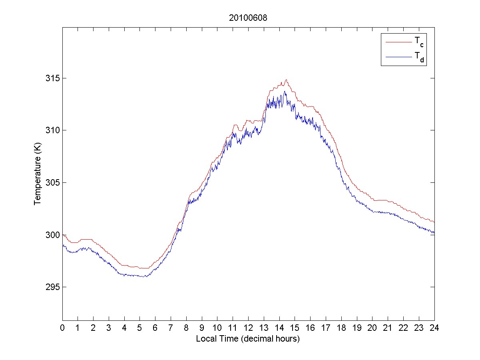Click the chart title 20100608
(248, 18)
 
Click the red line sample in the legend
(398, 42)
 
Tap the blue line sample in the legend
(398, 58)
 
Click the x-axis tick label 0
(62, 328)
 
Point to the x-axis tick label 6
(155, 328)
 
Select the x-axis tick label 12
(248, 328)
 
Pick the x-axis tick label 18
(341, 328)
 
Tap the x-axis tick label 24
(434, 328)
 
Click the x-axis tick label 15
(295, 328)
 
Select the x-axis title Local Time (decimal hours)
(248, 339)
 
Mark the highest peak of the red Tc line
(286, 80)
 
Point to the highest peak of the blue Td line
(285, 91)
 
